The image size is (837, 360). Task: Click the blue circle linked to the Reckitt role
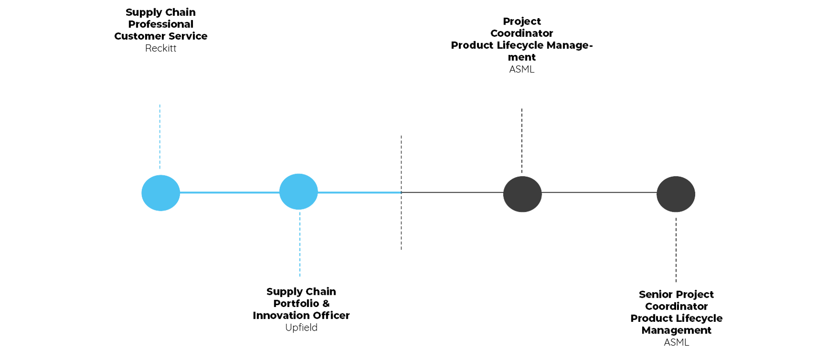[x=160, y=193]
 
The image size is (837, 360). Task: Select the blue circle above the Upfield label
[x=299, y=192]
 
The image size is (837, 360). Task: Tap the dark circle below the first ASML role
[x=522, y=193]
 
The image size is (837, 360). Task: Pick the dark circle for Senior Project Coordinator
[x=676, y=194]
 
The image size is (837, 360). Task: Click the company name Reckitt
[x=161, y=48]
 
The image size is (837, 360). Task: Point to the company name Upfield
[x=301, y=327]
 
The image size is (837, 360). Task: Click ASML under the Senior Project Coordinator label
[x=677, y=342]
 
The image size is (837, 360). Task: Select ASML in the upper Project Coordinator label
[x=522, y=70]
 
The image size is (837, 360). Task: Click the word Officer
[x=331, y=315]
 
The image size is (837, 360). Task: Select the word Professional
[x=161, y=24]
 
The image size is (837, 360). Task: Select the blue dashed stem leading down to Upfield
[x=299, y=244]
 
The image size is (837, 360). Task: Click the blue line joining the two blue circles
[x=229, y=192]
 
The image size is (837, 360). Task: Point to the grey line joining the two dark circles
[x=599, y=192]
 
